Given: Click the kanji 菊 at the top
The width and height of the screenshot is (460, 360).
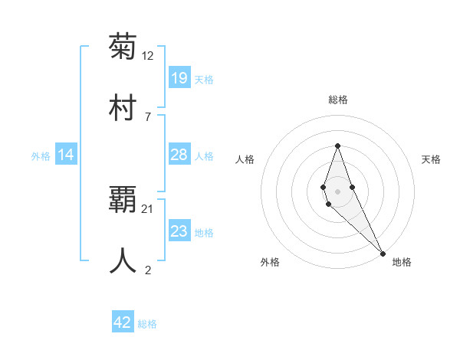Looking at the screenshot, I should [123, 47].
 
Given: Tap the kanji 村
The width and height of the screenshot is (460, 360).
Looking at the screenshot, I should [123, 107].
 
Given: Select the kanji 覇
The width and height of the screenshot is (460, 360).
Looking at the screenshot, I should [123, 199].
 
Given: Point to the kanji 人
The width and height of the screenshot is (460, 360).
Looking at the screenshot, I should [123, 260].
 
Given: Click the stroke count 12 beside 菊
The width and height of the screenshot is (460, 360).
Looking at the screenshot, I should [148, 56].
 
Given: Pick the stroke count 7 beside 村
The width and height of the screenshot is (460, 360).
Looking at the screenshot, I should [148, 116].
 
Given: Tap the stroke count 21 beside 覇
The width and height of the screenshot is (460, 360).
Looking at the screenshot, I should [148, 208].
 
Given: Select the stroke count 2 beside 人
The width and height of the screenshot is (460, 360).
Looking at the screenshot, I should [148, 270].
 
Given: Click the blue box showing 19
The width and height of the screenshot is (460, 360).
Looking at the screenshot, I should [179, 78].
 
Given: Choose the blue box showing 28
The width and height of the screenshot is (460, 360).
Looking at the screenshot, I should [179, 155].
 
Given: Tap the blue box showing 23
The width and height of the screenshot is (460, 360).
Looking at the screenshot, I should [179, 231].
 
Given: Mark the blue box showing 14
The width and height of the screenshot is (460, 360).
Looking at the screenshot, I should [66, 155].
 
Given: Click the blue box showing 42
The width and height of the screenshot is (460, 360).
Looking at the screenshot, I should [123, 322].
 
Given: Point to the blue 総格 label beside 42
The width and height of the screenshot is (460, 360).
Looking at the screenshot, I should [147, 324].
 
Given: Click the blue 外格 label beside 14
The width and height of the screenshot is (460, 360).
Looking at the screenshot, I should [41, 156].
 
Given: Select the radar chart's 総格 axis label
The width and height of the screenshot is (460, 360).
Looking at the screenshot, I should [337, 100].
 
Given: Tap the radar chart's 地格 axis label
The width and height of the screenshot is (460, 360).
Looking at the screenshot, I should [402, 262].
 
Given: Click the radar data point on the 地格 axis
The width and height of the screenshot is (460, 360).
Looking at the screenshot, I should [382, 253].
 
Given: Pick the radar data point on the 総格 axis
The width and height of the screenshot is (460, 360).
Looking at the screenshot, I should [337, 146].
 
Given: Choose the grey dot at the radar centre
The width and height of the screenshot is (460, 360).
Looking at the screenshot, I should [337, 191].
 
